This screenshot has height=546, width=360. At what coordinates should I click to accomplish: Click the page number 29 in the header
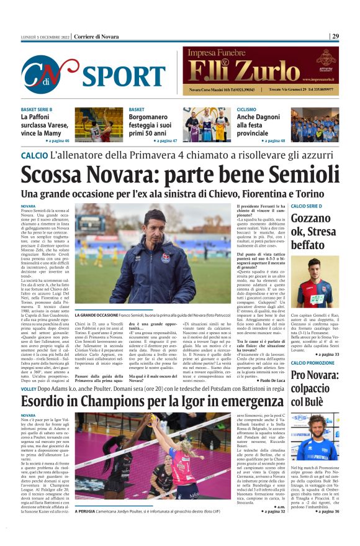pos(335,36)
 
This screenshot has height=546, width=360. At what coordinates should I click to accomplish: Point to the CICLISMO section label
pos(246,109)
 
